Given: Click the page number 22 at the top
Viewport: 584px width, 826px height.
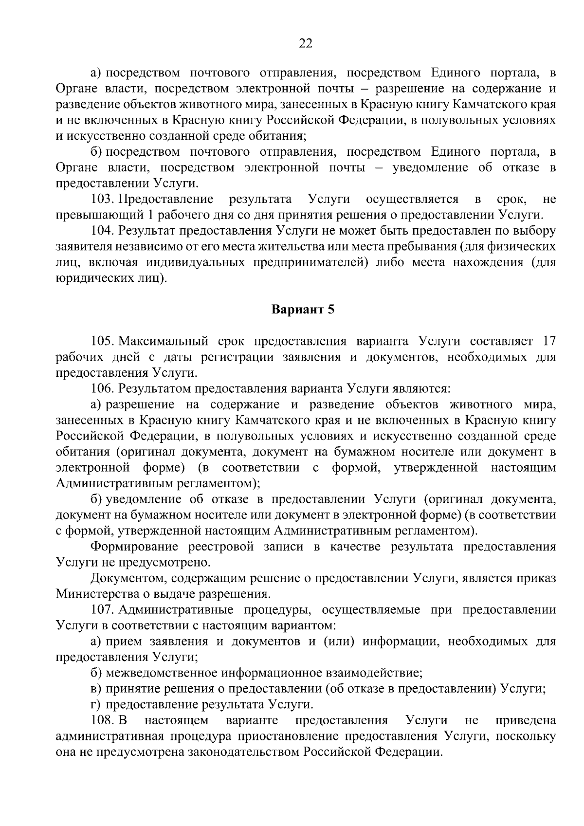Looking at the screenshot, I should pos(305,43).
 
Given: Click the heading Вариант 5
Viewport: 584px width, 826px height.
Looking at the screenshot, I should pos(303,310).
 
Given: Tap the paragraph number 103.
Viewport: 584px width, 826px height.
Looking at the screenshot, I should pos(102,199).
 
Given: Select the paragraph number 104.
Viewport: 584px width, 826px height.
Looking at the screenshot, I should pos(102,231).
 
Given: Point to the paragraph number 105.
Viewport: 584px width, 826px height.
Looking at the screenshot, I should pos(102,341).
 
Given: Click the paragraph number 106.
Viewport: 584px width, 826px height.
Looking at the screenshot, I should pos(102,388).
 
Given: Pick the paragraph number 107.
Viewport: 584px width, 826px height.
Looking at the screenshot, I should pos(102,610).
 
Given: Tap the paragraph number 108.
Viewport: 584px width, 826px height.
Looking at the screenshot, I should pos(102,720).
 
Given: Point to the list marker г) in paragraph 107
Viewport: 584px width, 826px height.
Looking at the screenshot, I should pos(96,704).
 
